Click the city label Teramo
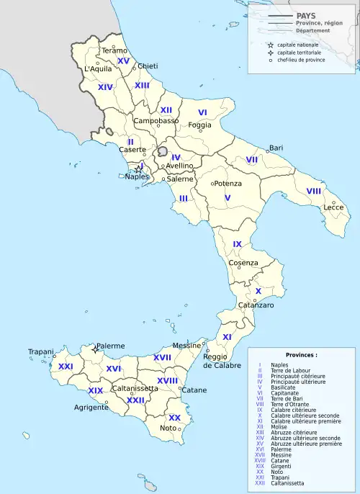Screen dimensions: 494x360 [114, 50]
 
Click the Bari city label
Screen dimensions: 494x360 [276, 148]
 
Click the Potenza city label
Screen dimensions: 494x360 [228, 184]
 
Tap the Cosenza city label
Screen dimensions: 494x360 [243, 263]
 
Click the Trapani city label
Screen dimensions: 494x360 [41, 351]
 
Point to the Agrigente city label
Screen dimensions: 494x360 [91, 407]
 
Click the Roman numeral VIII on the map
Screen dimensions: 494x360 [313, 191]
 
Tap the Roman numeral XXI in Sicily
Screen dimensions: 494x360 [66, 367]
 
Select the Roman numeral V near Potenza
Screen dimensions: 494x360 [228, 197]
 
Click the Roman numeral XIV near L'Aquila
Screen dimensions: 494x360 [106, 87]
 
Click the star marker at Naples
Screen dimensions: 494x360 [138, 170]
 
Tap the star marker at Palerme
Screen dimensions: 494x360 [94, 349]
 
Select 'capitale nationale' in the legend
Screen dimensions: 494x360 [296, 45]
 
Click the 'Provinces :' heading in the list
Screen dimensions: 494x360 [300, 355]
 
